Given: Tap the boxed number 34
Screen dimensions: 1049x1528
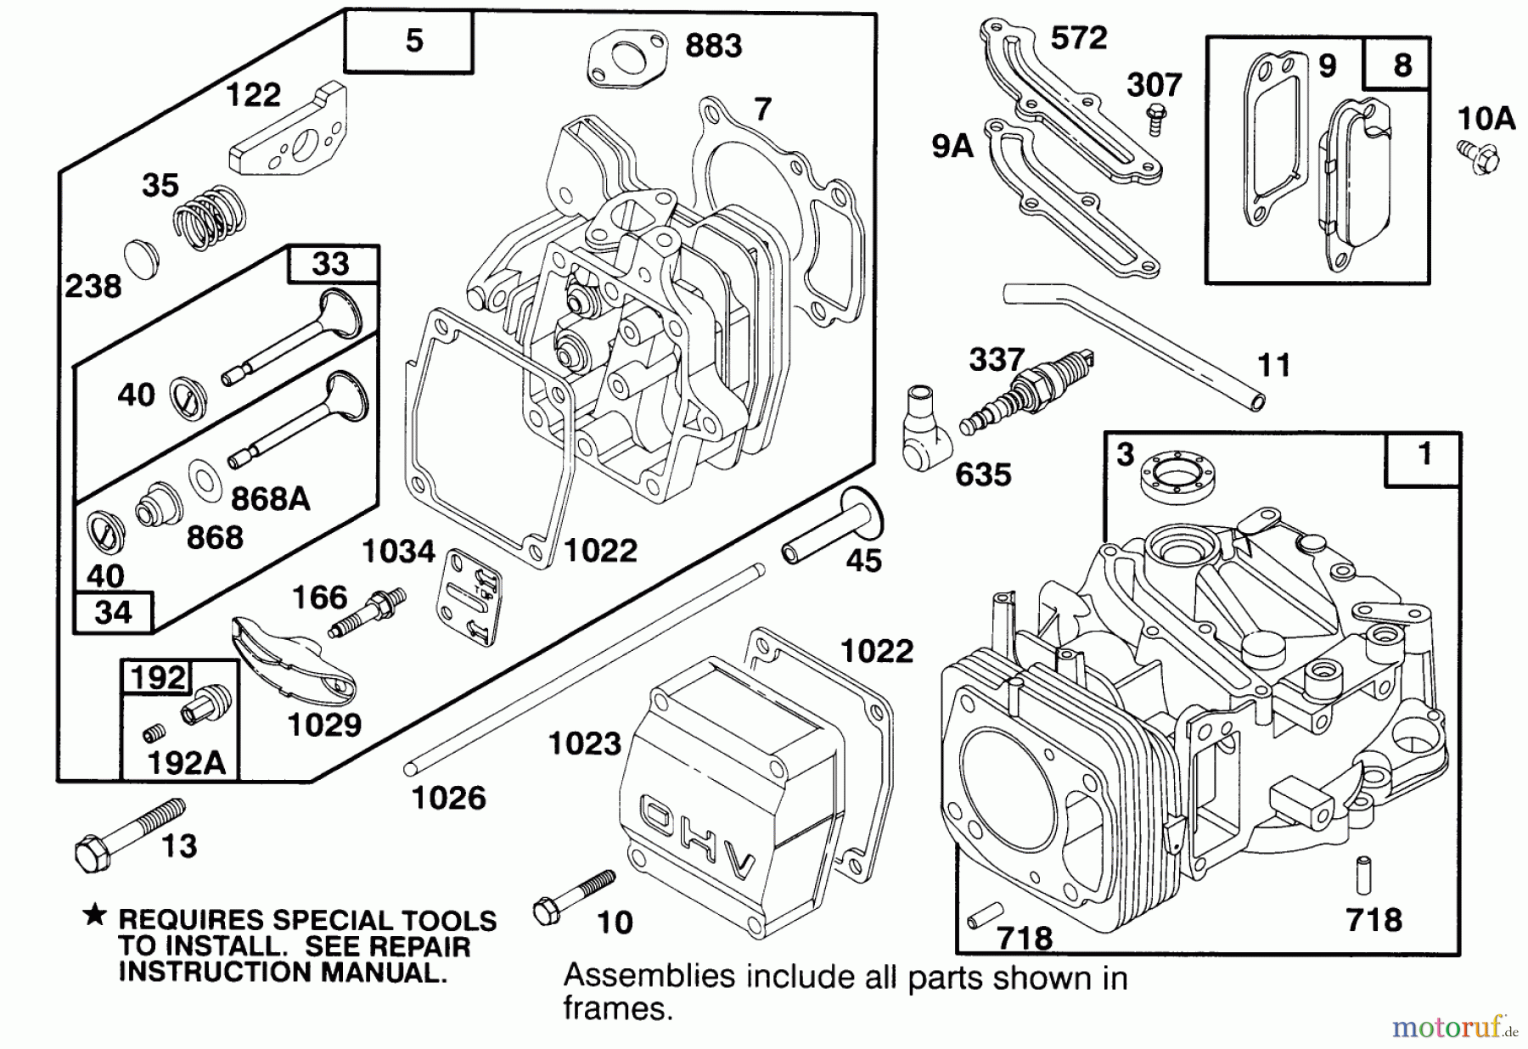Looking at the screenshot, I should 113,612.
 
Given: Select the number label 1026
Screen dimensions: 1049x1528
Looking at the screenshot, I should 448,798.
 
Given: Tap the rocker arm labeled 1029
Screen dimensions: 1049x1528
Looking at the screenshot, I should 293,658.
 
